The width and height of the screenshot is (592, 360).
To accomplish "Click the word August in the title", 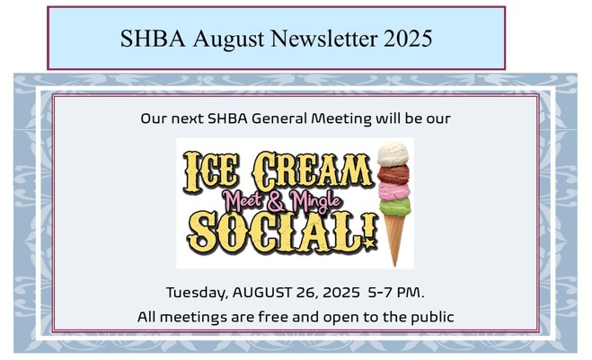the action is tap(228, 39).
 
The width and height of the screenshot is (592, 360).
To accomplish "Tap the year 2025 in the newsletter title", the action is tap(408, 38).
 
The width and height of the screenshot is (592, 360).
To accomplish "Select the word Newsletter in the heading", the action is tap(324, 38).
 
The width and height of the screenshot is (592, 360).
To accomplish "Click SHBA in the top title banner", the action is tap(153, 38).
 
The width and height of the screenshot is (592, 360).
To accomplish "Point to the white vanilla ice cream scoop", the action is tap(393, 154).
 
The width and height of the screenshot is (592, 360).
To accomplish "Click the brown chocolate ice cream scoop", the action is tap(393, 174).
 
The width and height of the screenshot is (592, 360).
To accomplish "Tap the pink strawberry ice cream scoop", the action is tap(394, 190).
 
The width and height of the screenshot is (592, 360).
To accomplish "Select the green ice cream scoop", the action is tap(395, 206).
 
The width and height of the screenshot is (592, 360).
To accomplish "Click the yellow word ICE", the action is tap(211, 171).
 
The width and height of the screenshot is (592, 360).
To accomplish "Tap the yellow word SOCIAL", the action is tap(278, 233).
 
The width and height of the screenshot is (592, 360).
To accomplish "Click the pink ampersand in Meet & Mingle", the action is tap(277, 202).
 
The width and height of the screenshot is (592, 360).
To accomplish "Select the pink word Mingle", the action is tap(315, 201).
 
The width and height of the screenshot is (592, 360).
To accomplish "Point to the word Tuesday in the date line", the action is tap(197, 293).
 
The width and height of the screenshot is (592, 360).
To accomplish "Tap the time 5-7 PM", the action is tap(396, 293).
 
